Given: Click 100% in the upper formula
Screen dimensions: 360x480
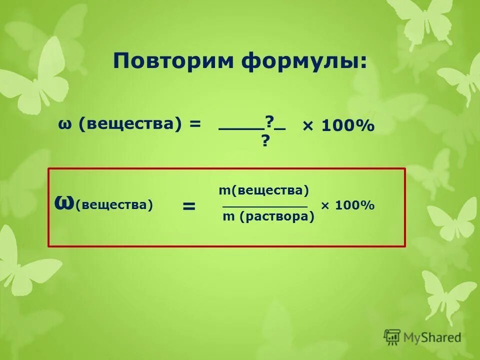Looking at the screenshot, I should tap(347, 126).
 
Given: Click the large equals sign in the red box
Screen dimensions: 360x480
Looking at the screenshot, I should tap(188, 206).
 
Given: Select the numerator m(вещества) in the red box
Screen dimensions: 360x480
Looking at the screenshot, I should tap(264, 190).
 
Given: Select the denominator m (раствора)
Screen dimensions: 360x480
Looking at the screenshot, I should tap(268, 217).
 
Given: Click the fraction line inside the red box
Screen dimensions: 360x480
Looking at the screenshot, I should tap(264, 206).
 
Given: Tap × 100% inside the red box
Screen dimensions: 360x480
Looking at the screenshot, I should tap(347, 205).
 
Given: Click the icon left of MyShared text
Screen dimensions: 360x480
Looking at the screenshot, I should tap(392, 337).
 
